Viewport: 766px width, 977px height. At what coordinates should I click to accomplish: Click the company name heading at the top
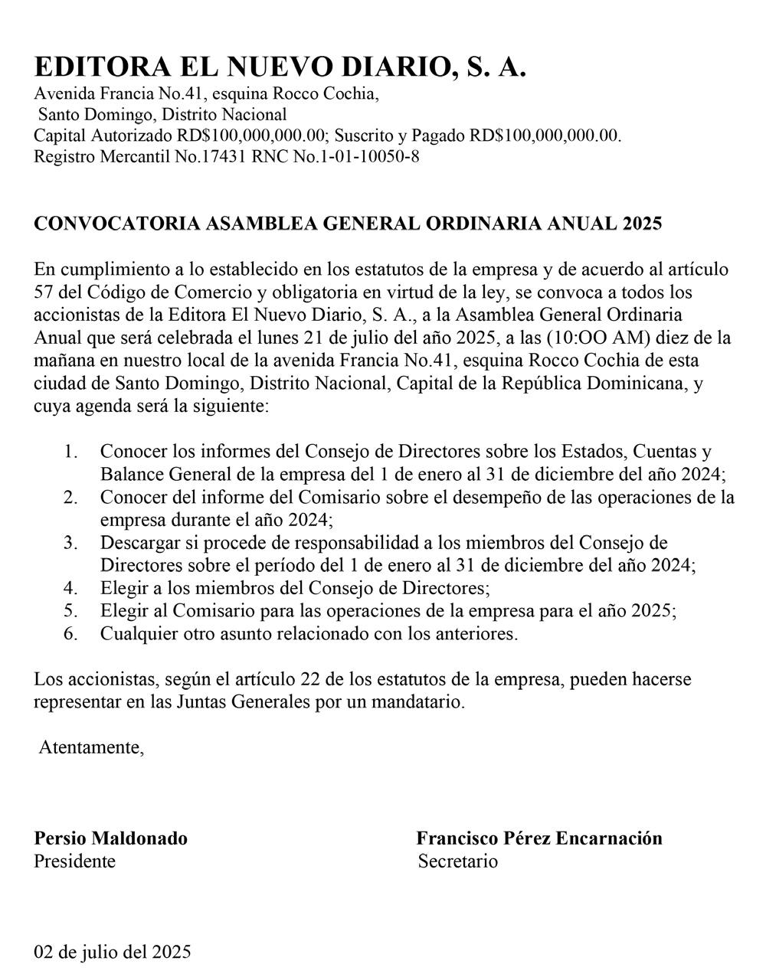tap(280, 67)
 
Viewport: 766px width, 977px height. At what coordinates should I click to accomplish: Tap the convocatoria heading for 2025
tap(348, 224)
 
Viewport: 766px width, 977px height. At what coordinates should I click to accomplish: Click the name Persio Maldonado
tap(110, 838)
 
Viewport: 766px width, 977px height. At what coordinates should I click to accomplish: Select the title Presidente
tap(74, 861)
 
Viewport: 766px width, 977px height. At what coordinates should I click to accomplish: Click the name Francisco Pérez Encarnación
tap(539, 838)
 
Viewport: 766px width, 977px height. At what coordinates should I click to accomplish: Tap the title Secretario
tap(457, 861)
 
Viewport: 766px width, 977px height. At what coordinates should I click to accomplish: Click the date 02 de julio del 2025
tap(112, 952)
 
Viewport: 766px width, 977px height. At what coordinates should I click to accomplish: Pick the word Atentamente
tap(90, 747)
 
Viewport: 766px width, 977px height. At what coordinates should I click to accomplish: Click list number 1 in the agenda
tap(70, 452)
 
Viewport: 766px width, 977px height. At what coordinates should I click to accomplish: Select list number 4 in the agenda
tap(70, 589)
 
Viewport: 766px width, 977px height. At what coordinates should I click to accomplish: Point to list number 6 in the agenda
tap(70, 634)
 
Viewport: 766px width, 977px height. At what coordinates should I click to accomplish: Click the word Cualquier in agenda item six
tap(137, 634)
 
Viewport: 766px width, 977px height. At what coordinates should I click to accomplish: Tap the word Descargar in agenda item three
tap(139, 544)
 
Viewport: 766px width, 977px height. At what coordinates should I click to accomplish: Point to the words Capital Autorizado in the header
tap(103, 137)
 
